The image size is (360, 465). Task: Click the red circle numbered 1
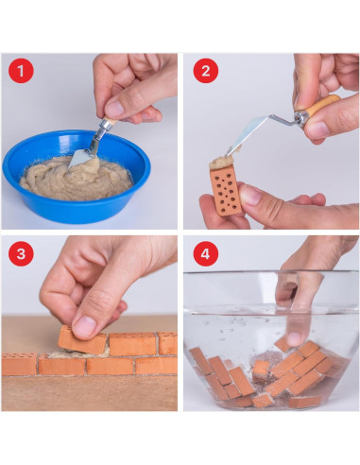pos(21,71)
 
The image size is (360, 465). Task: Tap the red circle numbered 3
pos(21,253)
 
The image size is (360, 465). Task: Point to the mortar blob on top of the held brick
pos(225,162)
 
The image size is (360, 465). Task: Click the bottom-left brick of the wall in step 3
pos(18,365)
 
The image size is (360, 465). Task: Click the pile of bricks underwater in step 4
pos(274,373)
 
